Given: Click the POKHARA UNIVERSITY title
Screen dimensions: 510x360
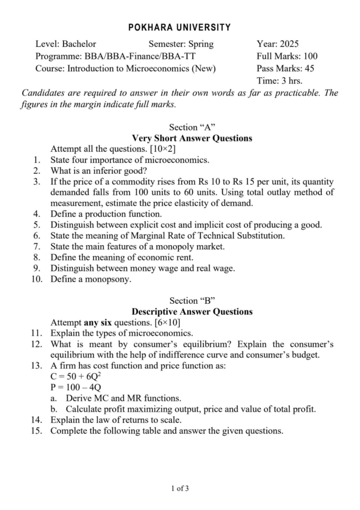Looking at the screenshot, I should click(x=180, y=28).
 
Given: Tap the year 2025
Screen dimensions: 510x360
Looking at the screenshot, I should click(x=288, y=44).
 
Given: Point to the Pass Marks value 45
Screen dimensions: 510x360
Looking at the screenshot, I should click(x=308, y=69).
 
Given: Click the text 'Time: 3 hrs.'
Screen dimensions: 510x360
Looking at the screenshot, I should click(x=279, y=81).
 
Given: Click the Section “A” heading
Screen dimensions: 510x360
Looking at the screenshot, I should click(x=192, y=127).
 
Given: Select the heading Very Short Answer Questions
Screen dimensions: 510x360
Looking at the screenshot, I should click(x=192, y=138).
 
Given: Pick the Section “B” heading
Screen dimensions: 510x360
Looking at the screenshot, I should click(x=192, y=301).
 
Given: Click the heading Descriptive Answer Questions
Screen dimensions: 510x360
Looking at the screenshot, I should click(x=192, y=312).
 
